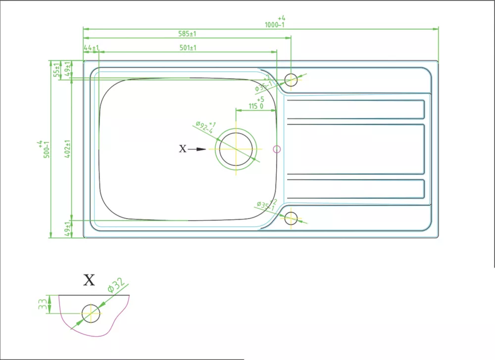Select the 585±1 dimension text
click(x=188, y=34)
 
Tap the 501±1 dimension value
click(x=188, y=48)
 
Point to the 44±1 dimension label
click(x=92, y=48)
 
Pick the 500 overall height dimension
click(x=46, y=148)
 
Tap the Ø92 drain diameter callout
click(x=204, y=128)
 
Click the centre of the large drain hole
click(x=236, y=148)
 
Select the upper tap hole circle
click(x=291, y=79)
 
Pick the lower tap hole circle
click(x=291, y=218)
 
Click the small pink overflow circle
click(x=277, y=148)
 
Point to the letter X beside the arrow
click(x=183, y=148)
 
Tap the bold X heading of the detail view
click(x=89, y=281)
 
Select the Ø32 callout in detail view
click(x=115, y=285)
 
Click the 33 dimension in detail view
click(x=43, y=304)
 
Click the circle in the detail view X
click(x=91, y=313)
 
